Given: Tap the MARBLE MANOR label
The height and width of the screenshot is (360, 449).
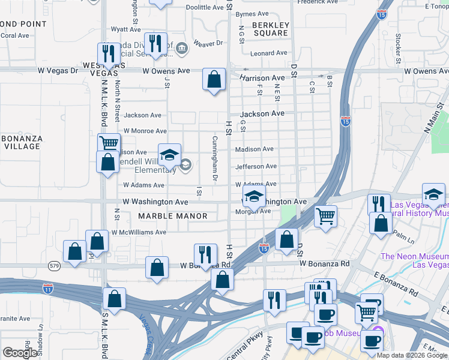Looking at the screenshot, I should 173,216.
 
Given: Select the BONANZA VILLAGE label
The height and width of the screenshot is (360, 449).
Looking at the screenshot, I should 22,142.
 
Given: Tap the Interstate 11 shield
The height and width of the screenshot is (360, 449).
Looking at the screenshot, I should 49,289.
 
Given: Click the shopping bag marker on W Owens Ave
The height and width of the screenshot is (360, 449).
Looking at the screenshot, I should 214,79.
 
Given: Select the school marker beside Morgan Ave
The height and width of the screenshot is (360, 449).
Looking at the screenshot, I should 254,197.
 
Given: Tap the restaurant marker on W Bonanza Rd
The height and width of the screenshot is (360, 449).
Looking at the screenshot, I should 205,254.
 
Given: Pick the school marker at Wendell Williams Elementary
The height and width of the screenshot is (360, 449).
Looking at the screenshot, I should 169,155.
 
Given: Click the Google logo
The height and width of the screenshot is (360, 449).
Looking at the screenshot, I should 20,353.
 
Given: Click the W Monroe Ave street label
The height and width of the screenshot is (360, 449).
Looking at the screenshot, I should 145,131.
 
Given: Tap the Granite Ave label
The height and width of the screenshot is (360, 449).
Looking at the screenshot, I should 14,319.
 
